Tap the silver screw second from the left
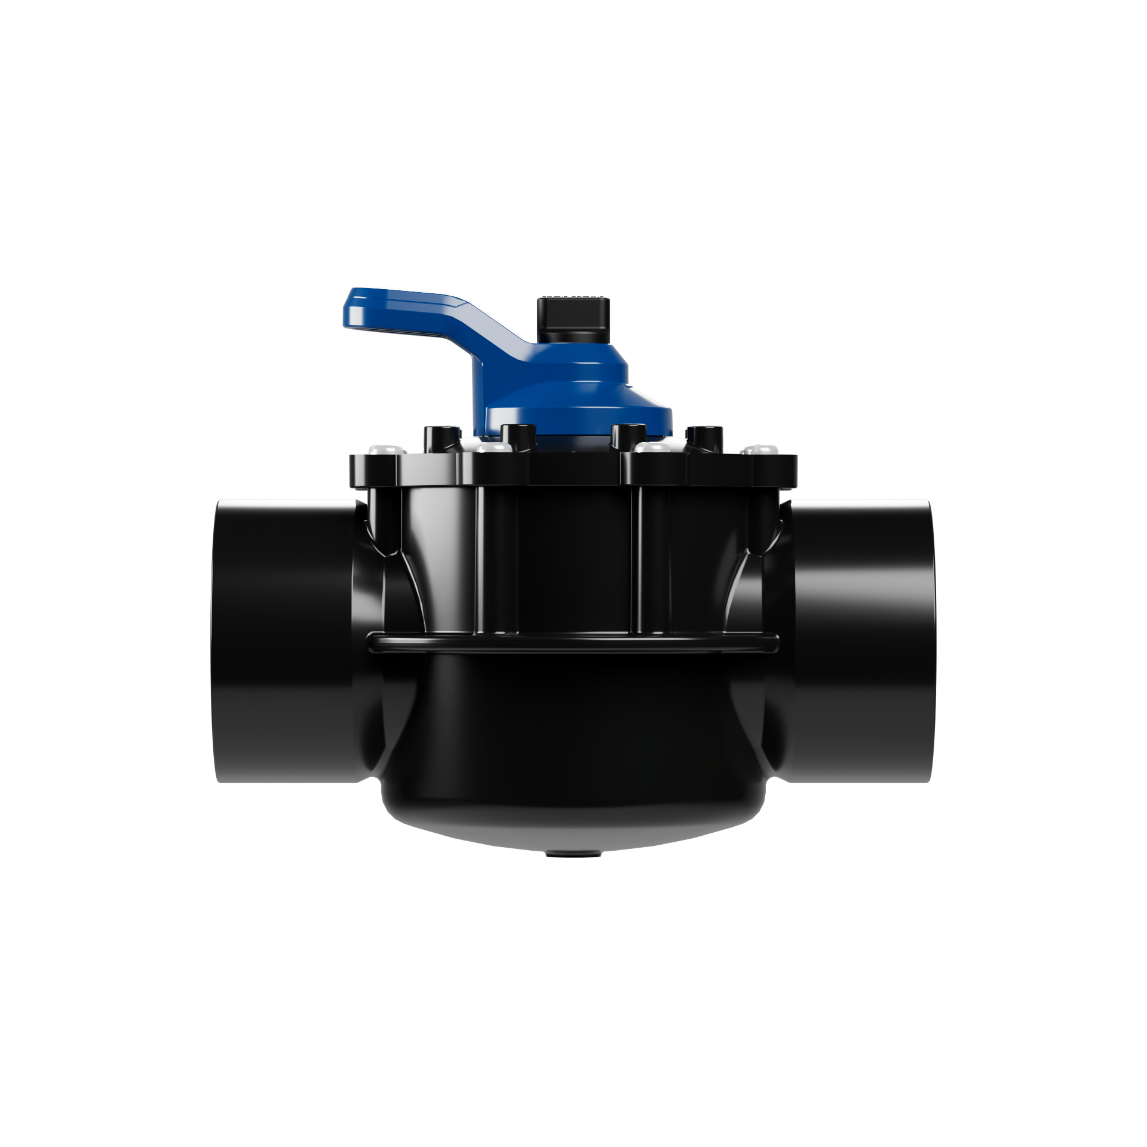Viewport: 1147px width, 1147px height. click(x=491, y=447)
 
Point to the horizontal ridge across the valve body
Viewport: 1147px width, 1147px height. click(x=573, y=640)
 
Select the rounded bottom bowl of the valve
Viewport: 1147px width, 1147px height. click(x=573, y=753)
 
